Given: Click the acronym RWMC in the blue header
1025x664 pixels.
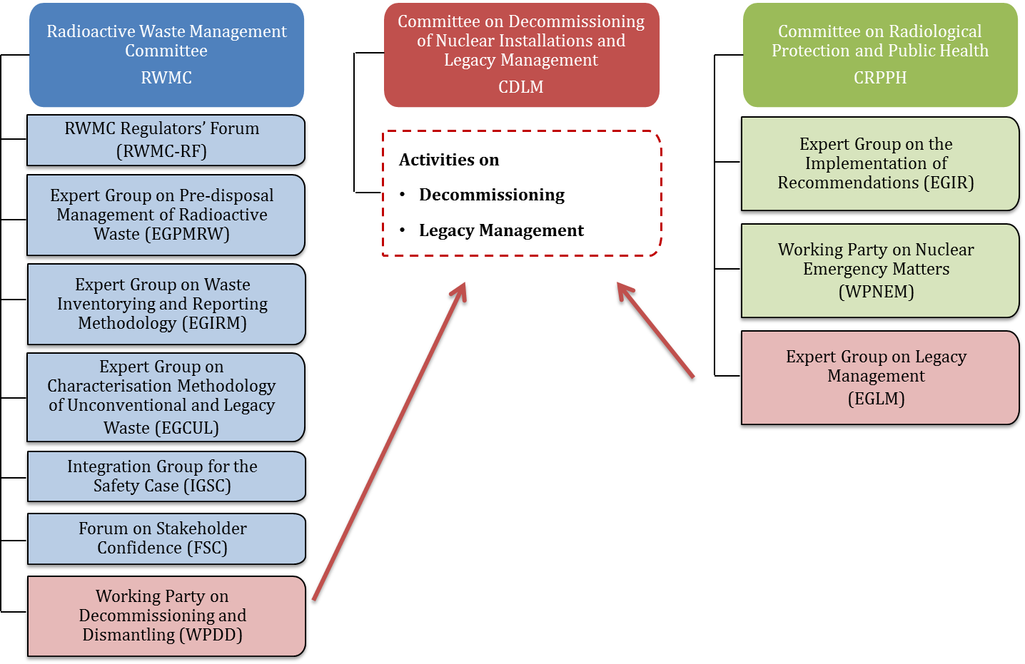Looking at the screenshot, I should tap(166, 78).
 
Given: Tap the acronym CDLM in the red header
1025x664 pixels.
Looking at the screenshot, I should tap(520, 87).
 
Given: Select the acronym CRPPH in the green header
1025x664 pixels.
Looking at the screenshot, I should tap(879, 78).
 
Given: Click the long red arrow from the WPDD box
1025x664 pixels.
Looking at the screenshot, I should tap(389, 442).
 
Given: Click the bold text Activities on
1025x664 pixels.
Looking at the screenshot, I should tap(449, 160).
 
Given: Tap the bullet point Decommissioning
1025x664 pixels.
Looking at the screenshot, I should tap(491, 195).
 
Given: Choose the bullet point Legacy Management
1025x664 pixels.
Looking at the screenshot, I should tap(500, 230).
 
